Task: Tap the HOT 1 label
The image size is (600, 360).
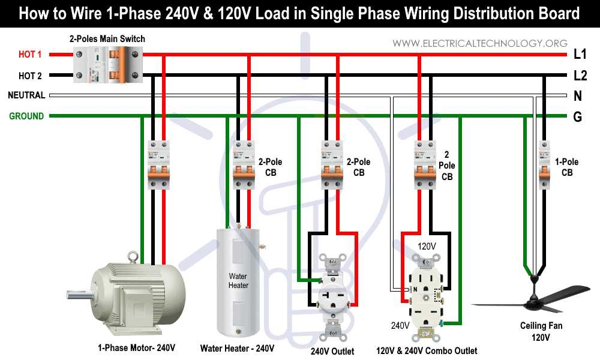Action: click(x=30, y=55)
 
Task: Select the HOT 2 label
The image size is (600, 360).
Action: click(x=30, y=76)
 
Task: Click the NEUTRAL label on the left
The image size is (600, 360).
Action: click(x=26, y=95)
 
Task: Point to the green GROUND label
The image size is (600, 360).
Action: click(x=26, y=116)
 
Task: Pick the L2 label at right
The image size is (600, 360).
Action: click(x=580, y=76)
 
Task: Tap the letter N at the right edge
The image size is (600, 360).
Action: click(x=578, y=96)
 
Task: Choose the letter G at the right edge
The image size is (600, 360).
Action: click(x=578, y=117)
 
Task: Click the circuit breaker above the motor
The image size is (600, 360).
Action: click(x=158, y=165)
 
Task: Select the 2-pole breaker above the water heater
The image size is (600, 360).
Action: click(x=244, y=165)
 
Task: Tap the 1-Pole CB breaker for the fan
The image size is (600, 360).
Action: click(x=544, y=165)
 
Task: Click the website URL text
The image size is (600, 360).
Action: click(x=480, y=43)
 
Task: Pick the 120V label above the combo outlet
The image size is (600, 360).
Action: click(x=426, y=247)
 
